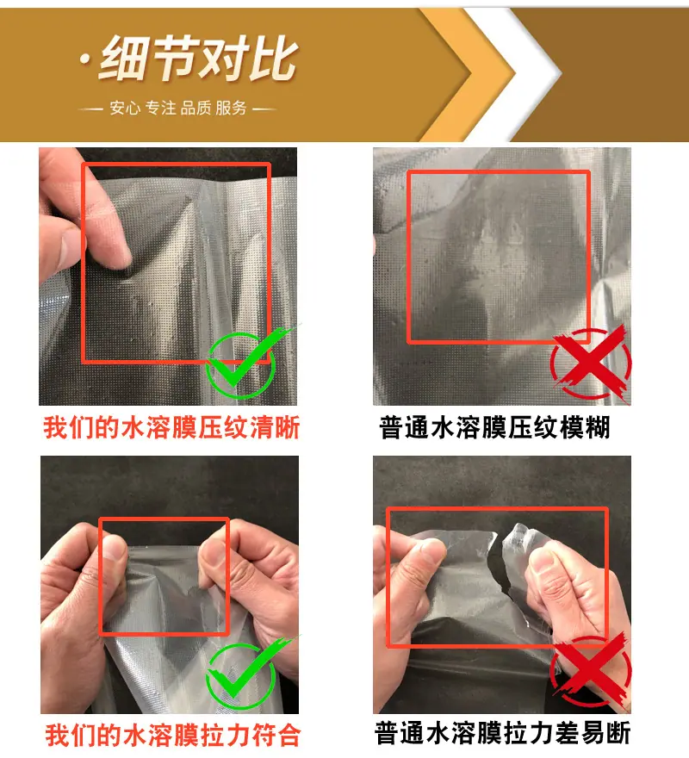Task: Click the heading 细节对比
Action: point(199,59)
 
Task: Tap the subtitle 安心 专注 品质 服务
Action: point(178,108)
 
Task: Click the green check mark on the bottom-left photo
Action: point(246,673)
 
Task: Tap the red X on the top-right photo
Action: point(590,363)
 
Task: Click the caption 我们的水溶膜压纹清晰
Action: point(171,427)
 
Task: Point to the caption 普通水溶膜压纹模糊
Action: point(494,427)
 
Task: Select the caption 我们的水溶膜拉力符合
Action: point(173,736)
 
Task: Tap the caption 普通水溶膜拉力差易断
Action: point(502,733)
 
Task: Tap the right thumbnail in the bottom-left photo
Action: point(214,551)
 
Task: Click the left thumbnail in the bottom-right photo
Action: point(431,550)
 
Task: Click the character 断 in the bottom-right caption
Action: point(618,733)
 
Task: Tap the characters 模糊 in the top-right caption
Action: point(585,427)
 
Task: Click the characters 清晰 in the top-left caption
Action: point(275,427)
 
